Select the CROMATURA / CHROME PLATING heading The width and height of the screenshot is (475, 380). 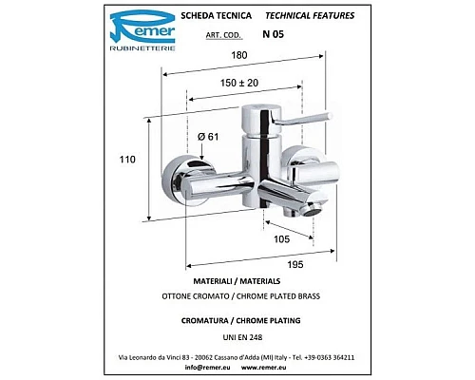pyautogui.click(x=234, y=320)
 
